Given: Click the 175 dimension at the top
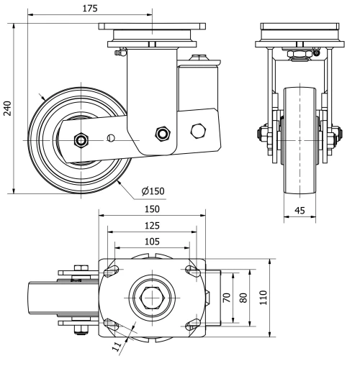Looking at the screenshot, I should (x=91, y=9).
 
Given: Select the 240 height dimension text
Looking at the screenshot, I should (x=8, y=107).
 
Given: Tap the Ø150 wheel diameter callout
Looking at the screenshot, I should (x=153, y=191).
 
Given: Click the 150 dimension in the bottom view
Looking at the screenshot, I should (x=151, y=209).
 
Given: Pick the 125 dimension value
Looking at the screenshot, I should (x=151, y=226).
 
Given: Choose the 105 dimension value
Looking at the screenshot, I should (x=151, y=242).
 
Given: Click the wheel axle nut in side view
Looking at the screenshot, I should (x=81, y=139).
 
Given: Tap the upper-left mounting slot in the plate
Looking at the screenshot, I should (x=112, y=271).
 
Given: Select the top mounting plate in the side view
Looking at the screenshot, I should (x=150, y=32).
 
